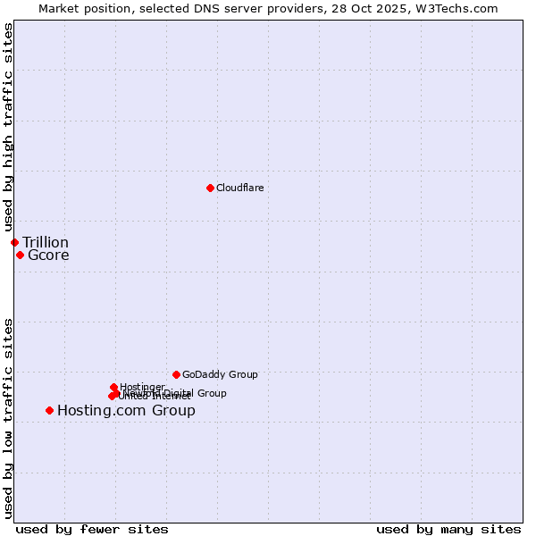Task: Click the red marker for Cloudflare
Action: pos(210,188)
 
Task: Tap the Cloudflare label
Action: pos(239,188)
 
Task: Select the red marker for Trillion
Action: pos(14,242)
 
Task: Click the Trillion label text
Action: pos(46,243)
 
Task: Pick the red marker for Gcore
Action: pos(20,255)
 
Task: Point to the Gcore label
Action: pos(48,255)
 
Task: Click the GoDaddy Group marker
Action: pos(176,374)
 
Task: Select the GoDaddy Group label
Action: pos(220,375)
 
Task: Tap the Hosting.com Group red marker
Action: pos(49,410)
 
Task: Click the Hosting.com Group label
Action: pos(126,411)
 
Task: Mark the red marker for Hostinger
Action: pos(113,387)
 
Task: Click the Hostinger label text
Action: pos(142,387)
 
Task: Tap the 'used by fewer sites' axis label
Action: pos(92,529)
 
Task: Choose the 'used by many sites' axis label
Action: pos(448,529)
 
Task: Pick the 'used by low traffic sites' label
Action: pos(8,418)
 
